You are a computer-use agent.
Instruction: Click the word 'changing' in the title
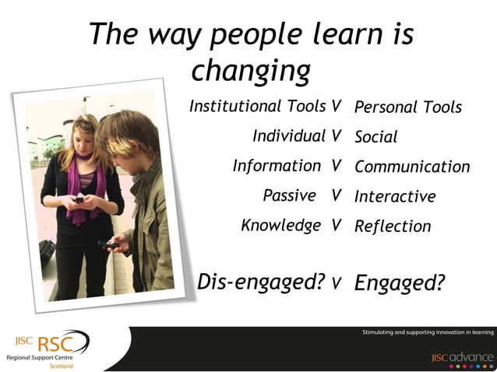click(251, 72)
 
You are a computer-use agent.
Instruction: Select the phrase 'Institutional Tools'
click(258, 106)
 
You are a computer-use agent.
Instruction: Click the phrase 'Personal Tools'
click(408, 107)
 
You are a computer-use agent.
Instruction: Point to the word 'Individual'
click(289, 136)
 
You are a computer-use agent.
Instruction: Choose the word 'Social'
click(376, 138)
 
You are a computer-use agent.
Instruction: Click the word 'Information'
click(277, 166)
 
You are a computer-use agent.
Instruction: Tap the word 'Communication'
click(412, 167)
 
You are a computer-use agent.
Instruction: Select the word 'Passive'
click(290, 195)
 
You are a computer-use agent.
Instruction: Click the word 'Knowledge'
click(281, 226)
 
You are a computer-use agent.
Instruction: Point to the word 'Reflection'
click(393, 226)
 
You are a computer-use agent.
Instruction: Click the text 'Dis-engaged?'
click(261, 282)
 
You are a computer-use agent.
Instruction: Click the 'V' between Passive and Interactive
click(337, 195)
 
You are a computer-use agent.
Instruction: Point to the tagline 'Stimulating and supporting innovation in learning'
click(428, 332)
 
